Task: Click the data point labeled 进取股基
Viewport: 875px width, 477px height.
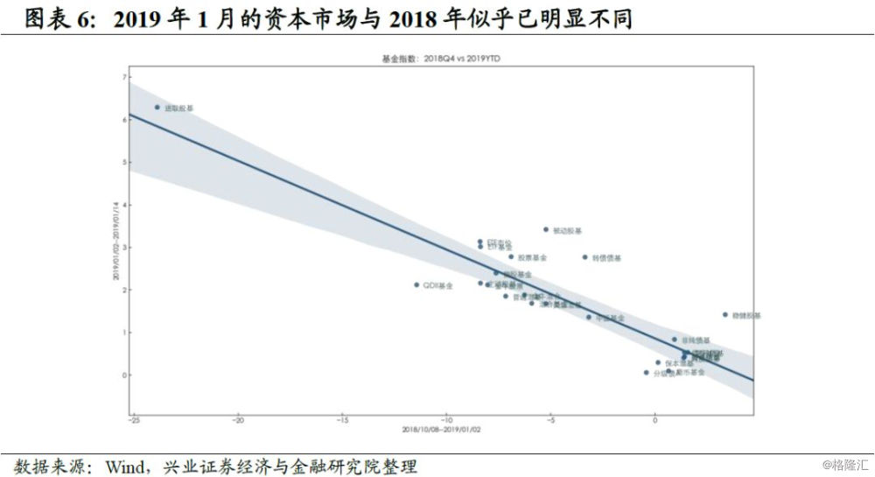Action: (157, 108)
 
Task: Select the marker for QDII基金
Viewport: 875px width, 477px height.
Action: (416, 284)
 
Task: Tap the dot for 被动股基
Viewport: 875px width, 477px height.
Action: (546, 230)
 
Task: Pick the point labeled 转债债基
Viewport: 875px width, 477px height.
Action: (585, 257)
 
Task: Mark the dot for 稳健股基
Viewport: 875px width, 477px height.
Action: (725, 315)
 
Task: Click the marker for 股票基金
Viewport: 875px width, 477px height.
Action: (511, 257)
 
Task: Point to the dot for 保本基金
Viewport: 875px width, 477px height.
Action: (659, 362)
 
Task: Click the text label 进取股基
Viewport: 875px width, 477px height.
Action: (178, 109)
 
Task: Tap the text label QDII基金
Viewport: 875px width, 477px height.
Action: (438, 285)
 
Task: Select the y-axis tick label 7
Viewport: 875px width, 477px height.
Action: (126, 78)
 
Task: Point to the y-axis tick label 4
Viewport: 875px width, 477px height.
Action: (126, 205)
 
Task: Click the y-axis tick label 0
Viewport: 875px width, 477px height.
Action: (126, 375)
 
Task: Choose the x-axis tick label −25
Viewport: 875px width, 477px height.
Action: (133, 420)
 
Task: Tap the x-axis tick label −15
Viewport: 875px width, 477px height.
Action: (341, 420)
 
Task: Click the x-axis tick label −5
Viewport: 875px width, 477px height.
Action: (550, 420)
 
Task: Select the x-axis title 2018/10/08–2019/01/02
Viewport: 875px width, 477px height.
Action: (437, 431)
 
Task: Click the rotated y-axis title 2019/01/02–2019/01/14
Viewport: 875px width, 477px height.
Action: (115, 246)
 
